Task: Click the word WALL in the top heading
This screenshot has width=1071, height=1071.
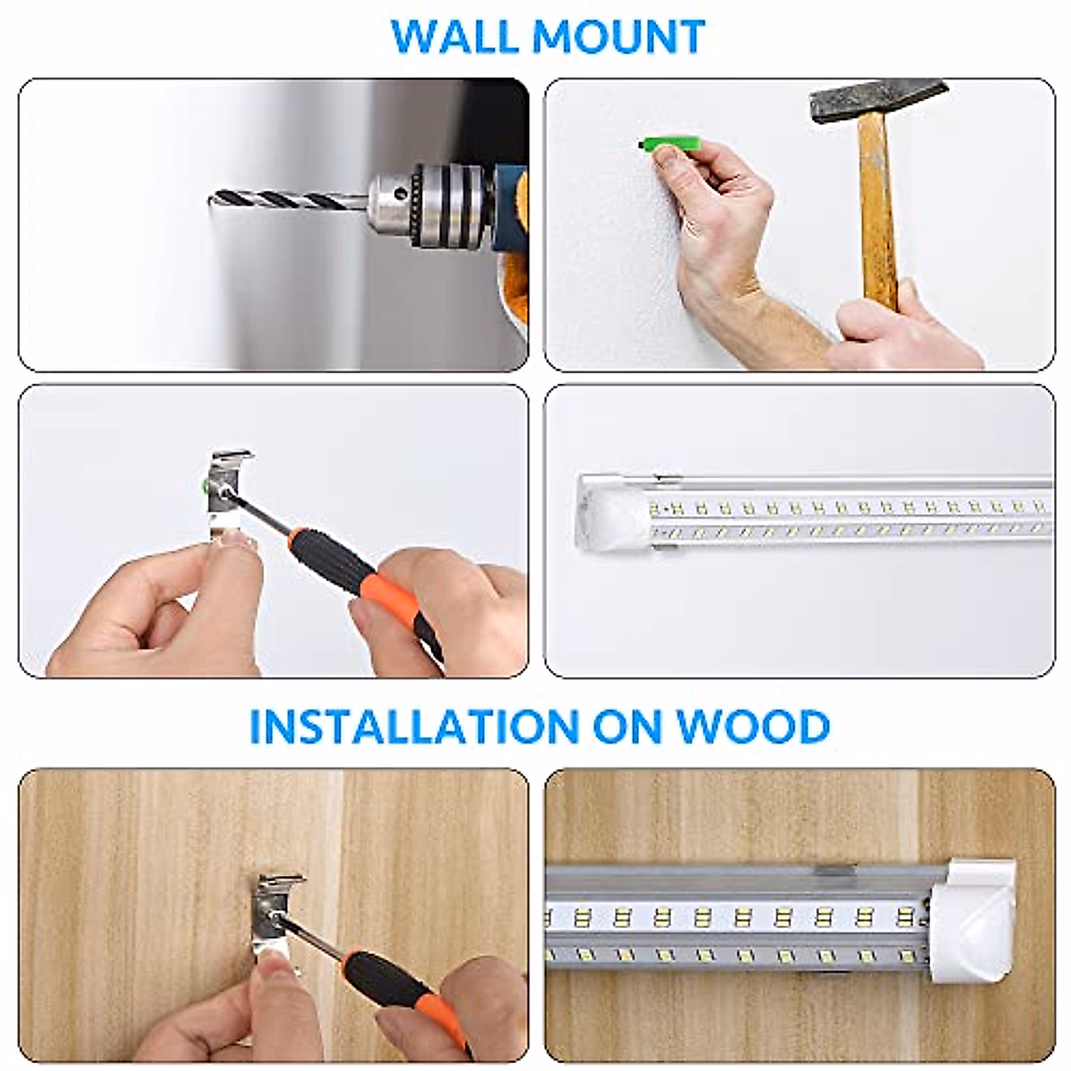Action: [x=454, y=37]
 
